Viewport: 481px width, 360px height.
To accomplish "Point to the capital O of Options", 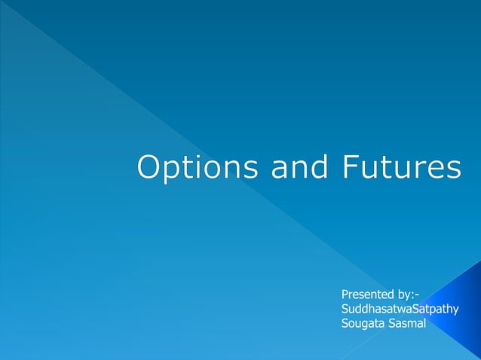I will click(149, 167).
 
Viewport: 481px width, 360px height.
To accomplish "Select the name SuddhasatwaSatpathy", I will click(400, 310).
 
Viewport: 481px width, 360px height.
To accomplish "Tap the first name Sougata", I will click(363, 324).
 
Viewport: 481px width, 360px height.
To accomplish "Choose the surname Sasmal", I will click(408, 324).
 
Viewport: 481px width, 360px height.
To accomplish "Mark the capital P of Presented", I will click(345, 294).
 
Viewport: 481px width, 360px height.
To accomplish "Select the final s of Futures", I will click(453, 169).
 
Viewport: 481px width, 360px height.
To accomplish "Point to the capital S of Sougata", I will click(345, 324).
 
